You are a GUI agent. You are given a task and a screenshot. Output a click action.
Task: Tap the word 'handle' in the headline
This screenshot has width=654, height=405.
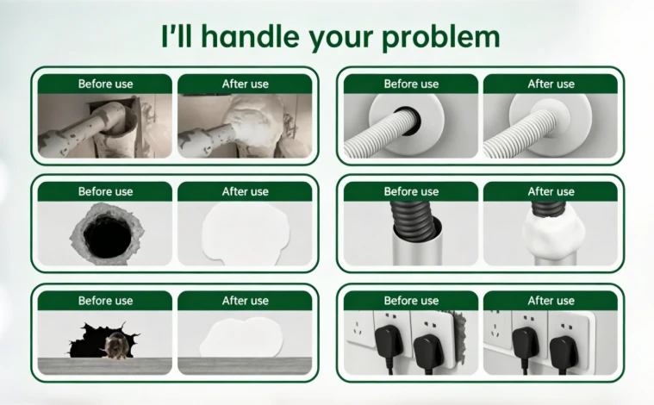tap(250, 36)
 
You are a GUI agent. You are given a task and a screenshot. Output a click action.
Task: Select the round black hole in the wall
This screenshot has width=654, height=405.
tap(107, 236)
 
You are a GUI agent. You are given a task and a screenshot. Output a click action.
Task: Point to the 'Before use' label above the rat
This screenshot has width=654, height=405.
tap(105, 301)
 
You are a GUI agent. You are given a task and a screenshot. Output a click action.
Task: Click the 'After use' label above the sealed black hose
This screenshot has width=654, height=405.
tap(551, 191)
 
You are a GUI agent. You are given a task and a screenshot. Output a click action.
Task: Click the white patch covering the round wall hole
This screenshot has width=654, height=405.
tap(246, 234)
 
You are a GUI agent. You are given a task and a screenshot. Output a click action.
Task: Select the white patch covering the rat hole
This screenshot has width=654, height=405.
tap(241, 338)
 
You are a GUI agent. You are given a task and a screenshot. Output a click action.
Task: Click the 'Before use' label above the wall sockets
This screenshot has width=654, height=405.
tap(411, 301)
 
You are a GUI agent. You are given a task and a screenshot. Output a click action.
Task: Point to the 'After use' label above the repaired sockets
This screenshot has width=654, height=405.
tap(551, 301)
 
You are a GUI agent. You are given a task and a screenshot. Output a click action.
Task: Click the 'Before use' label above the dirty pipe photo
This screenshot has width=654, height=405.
tap(105, 84)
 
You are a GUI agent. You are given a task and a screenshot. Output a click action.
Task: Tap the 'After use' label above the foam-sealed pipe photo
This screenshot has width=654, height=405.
tap(246, 84)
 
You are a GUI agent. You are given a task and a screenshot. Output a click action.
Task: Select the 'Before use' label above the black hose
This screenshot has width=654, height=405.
tap(411, 191)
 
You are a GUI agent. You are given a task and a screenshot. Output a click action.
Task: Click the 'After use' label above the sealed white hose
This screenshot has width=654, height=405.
tap(551, 84)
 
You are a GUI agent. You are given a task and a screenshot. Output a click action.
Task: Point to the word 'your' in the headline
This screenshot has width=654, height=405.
tap(340, 40)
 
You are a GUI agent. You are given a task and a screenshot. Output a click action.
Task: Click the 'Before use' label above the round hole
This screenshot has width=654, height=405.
tap(105, 191)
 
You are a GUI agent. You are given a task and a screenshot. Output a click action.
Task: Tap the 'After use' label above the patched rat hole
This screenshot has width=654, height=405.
tap(246, 301)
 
